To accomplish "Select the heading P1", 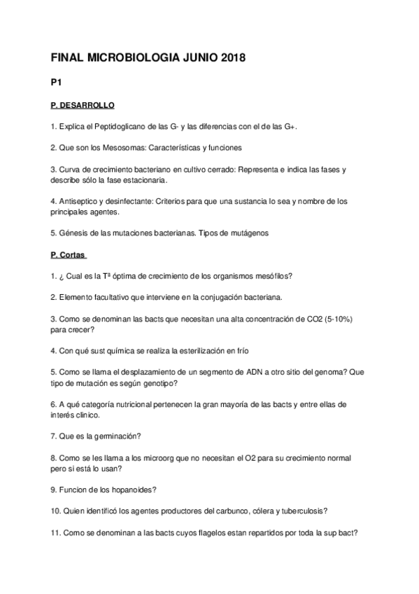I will tap(57, 83).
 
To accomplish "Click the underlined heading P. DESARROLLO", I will tap(83, 105).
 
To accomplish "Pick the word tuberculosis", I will tap(298, 511).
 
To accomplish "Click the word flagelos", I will tap(175, 532).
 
